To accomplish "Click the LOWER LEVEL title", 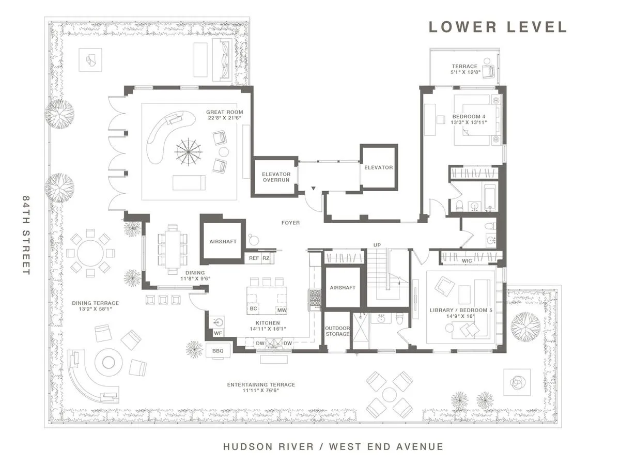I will click(x=498, y=27).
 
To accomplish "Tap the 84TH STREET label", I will click(x=26, y=235).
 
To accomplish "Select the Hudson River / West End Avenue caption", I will click(x=333, y=446).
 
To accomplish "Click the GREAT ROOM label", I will click(x=224, y=112).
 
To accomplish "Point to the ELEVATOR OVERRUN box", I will click(x=276, y=177).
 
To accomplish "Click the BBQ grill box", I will click(x=218, y=351).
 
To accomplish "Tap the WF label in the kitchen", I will click(x=218, y=334).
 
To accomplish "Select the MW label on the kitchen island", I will click(x=281, y=310).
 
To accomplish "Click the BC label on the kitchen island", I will click(x=253, y=308).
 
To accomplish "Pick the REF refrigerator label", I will click(x=254, y=258).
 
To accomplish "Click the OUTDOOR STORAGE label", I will click(x=337, y=331).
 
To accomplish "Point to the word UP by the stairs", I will click(x=377, y=245).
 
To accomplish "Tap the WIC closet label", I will click(x=467, y=261).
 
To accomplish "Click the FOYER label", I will click(x=290, y=223).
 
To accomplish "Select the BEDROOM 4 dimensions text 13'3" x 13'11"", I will click(x=468, y=122).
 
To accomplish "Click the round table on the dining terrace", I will click(x=90, y=253).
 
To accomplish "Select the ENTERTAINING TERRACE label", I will click(x=261, y=384).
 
